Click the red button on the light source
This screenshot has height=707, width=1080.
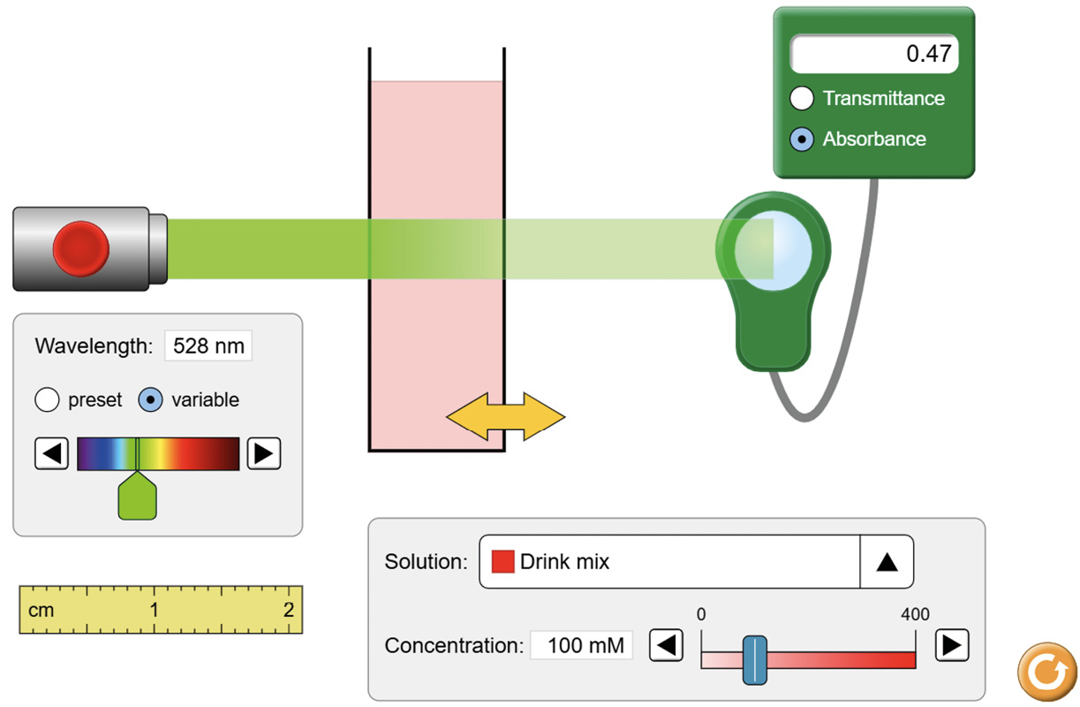(80, 247)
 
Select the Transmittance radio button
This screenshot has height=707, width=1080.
(802, 98)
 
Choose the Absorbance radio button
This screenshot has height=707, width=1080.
(802, 139)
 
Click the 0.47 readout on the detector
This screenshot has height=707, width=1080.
(874, 54)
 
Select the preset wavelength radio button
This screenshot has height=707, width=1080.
(47, 400)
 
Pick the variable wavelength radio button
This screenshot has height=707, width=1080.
(151, 400)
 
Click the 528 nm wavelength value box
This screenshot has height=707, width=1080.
(208, 346)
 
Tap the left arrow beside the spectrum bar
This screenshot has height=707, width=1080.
(52, 453)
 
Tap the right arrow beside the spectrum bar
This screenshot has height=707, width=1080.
(263, 453)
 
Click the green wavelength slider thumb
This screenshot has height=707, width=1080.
(138, 497)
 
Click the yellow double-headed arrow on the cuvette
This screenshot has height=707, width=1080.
(505, 416)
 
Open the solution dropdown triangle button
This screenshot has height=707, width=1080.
(887, 562)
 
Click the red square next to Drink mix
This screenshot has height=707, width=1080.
(502, 561)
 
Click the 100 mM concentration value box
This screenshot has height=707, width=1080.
(582, 645)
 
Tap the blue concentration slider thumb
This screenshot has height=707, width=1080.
(754, 659)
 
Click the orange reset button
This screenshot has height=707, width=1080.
(1047, 673)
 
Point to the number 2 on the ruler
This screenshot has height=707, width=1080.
(288, 610)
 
